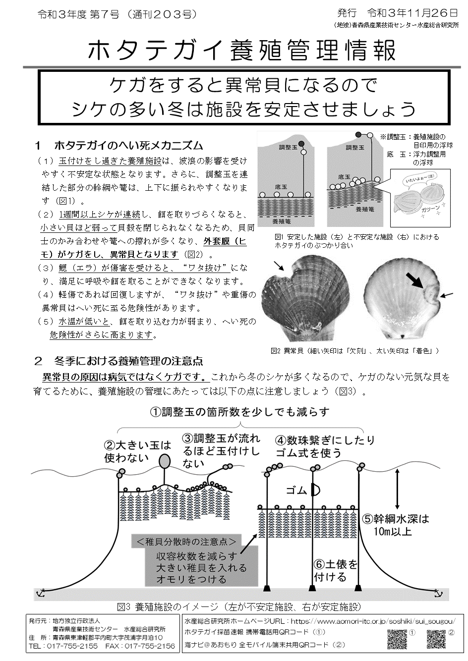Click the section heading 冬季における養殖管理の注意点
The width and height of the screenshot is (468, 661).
[128, 361]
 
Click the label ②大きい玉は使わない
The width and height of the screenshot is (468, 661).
[137, 451]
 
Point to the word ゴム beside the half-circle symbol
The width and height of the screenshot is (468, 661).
[297, 490]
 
